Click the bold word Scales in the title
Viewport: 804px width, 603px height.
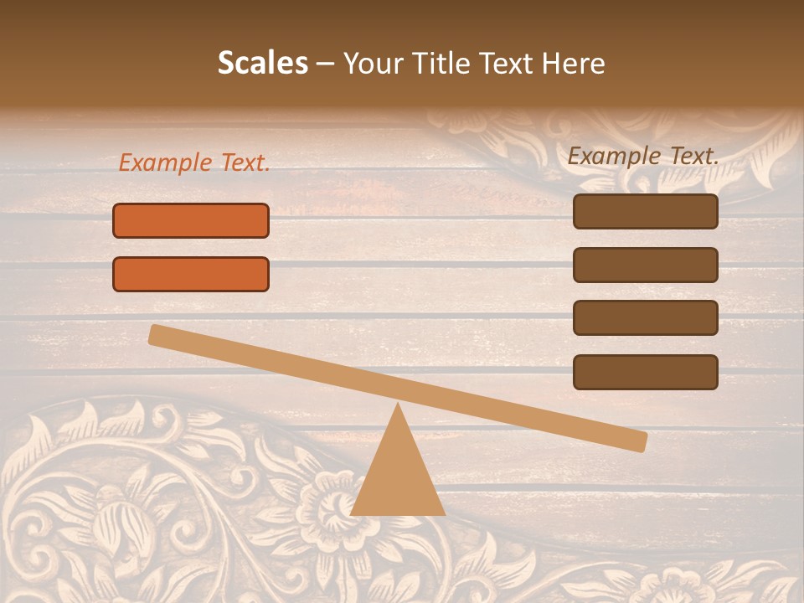[x=263, y=63]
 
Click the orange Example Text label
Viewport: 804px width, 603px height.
[x=194, y=163]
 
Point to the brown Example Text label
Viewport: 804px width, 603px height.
[x=643, y=156]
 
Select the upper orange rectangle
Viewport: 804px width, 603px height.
[x=191, y=220]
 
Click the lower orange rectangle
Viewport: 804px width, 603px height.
[x=191, y=274]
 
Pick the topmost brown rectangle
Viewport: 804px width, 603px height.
[x=645, y=211]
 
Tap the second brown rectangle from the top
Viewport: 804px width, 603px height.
[x=645, y=265]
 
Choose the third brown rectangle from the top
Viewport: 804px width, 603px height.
[x=645, y=317]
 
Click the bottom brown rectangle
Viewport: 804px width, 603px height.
[x=645, y=372]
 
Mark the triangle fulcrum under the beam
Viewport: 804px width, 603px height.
[x=398, y=477]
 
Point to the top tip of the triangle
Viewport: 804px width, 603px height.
[x=399, y=406]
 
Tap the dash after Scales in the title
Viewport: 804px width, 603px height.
[x=325, y=64]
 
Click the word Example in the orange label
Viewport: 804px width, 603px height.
[x=166, y=163]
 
